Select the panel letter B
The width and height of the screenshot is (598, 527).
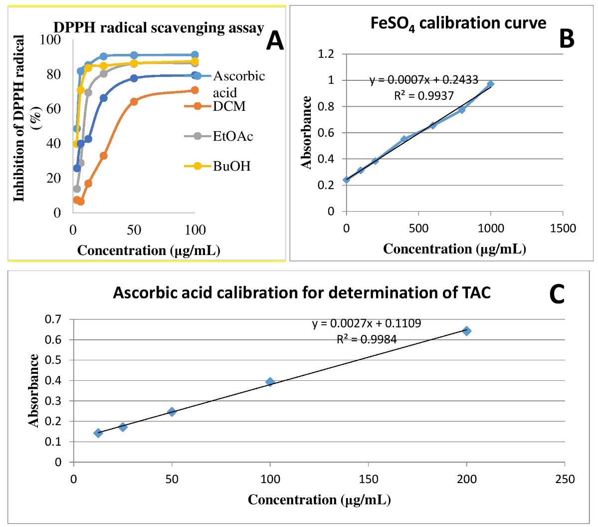[x=567, y=38]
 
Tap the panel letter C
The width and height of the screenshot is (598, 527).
[x=557, y=295]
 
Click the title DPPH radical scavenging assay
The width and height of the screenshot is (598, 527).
[x=158, y=28]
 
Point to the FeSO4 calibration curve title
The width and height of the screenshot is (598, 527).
[x=458, y=23]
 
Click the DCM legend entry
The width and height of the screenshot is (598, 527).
[x=229, y=106]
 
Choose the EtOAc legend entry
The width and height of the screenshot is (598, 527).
[x=232, y=136]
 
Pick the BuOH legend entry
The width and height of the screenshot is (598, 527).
[x=231, y=166]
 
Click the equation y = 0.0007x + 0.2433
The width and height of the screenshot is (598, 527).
[x=423, y=80]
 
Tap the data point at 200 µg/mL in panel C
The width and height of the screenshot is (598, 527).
[x=467, y=331]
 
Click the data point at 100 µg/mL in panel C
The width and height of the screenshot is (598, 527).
[x=270, y=382]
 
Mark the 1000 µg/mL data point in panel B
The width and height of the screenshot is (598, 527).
[x=491, y=84]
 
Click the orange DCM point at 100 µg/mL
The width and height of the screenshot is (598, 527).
[x=195, y=90]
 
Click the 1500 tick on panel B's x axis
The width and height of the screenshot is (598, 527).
[x=562, y=229]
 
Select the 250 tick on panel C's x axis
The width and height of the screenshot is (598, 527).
[x=565, y=479]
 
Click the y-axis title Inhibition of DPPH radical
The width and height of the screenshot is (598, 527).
[x=26, y=118]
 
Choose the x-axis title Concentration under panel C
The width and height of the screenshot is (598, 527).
[x=319, y=500]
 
